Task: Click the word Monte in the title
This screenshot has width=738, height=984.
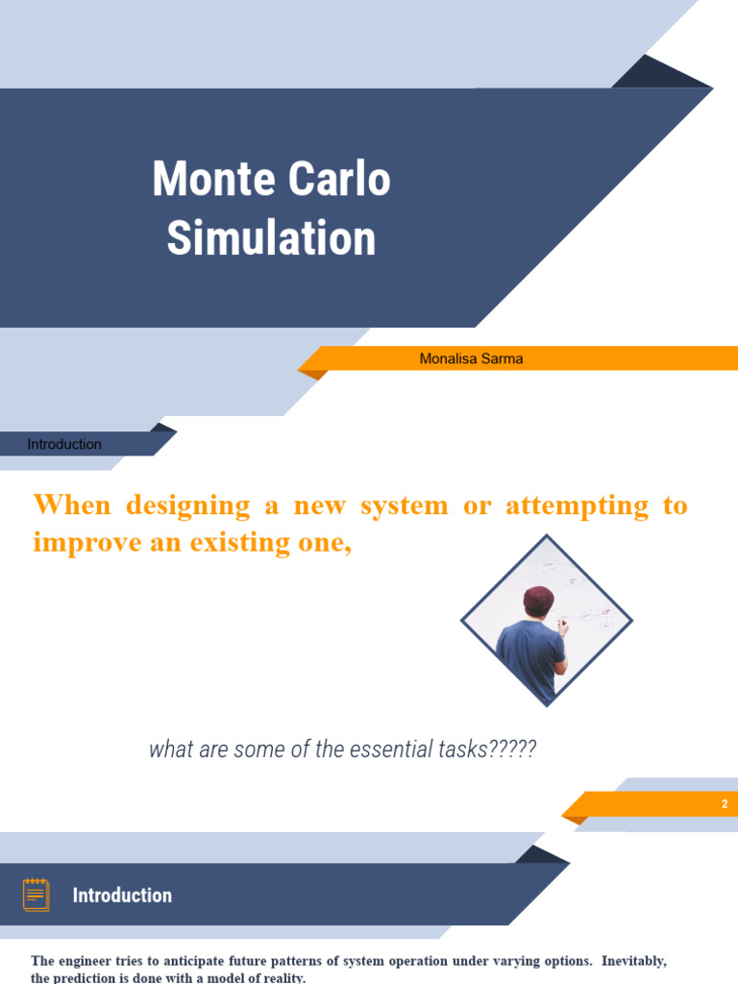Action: tap(208, 180)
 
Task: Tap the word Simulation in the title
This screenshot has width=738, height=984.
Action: tap(271, 237)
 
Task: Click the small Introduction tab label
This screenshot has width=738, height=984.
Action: tap(64, 444)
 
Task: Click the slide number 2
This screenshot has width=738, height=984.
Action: tap(725, 804)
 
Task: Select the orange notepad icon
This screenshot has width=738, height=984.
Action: tap(36, 895)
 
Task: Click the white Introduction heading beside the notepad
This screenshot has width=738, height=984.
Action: tap(122, 895)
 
